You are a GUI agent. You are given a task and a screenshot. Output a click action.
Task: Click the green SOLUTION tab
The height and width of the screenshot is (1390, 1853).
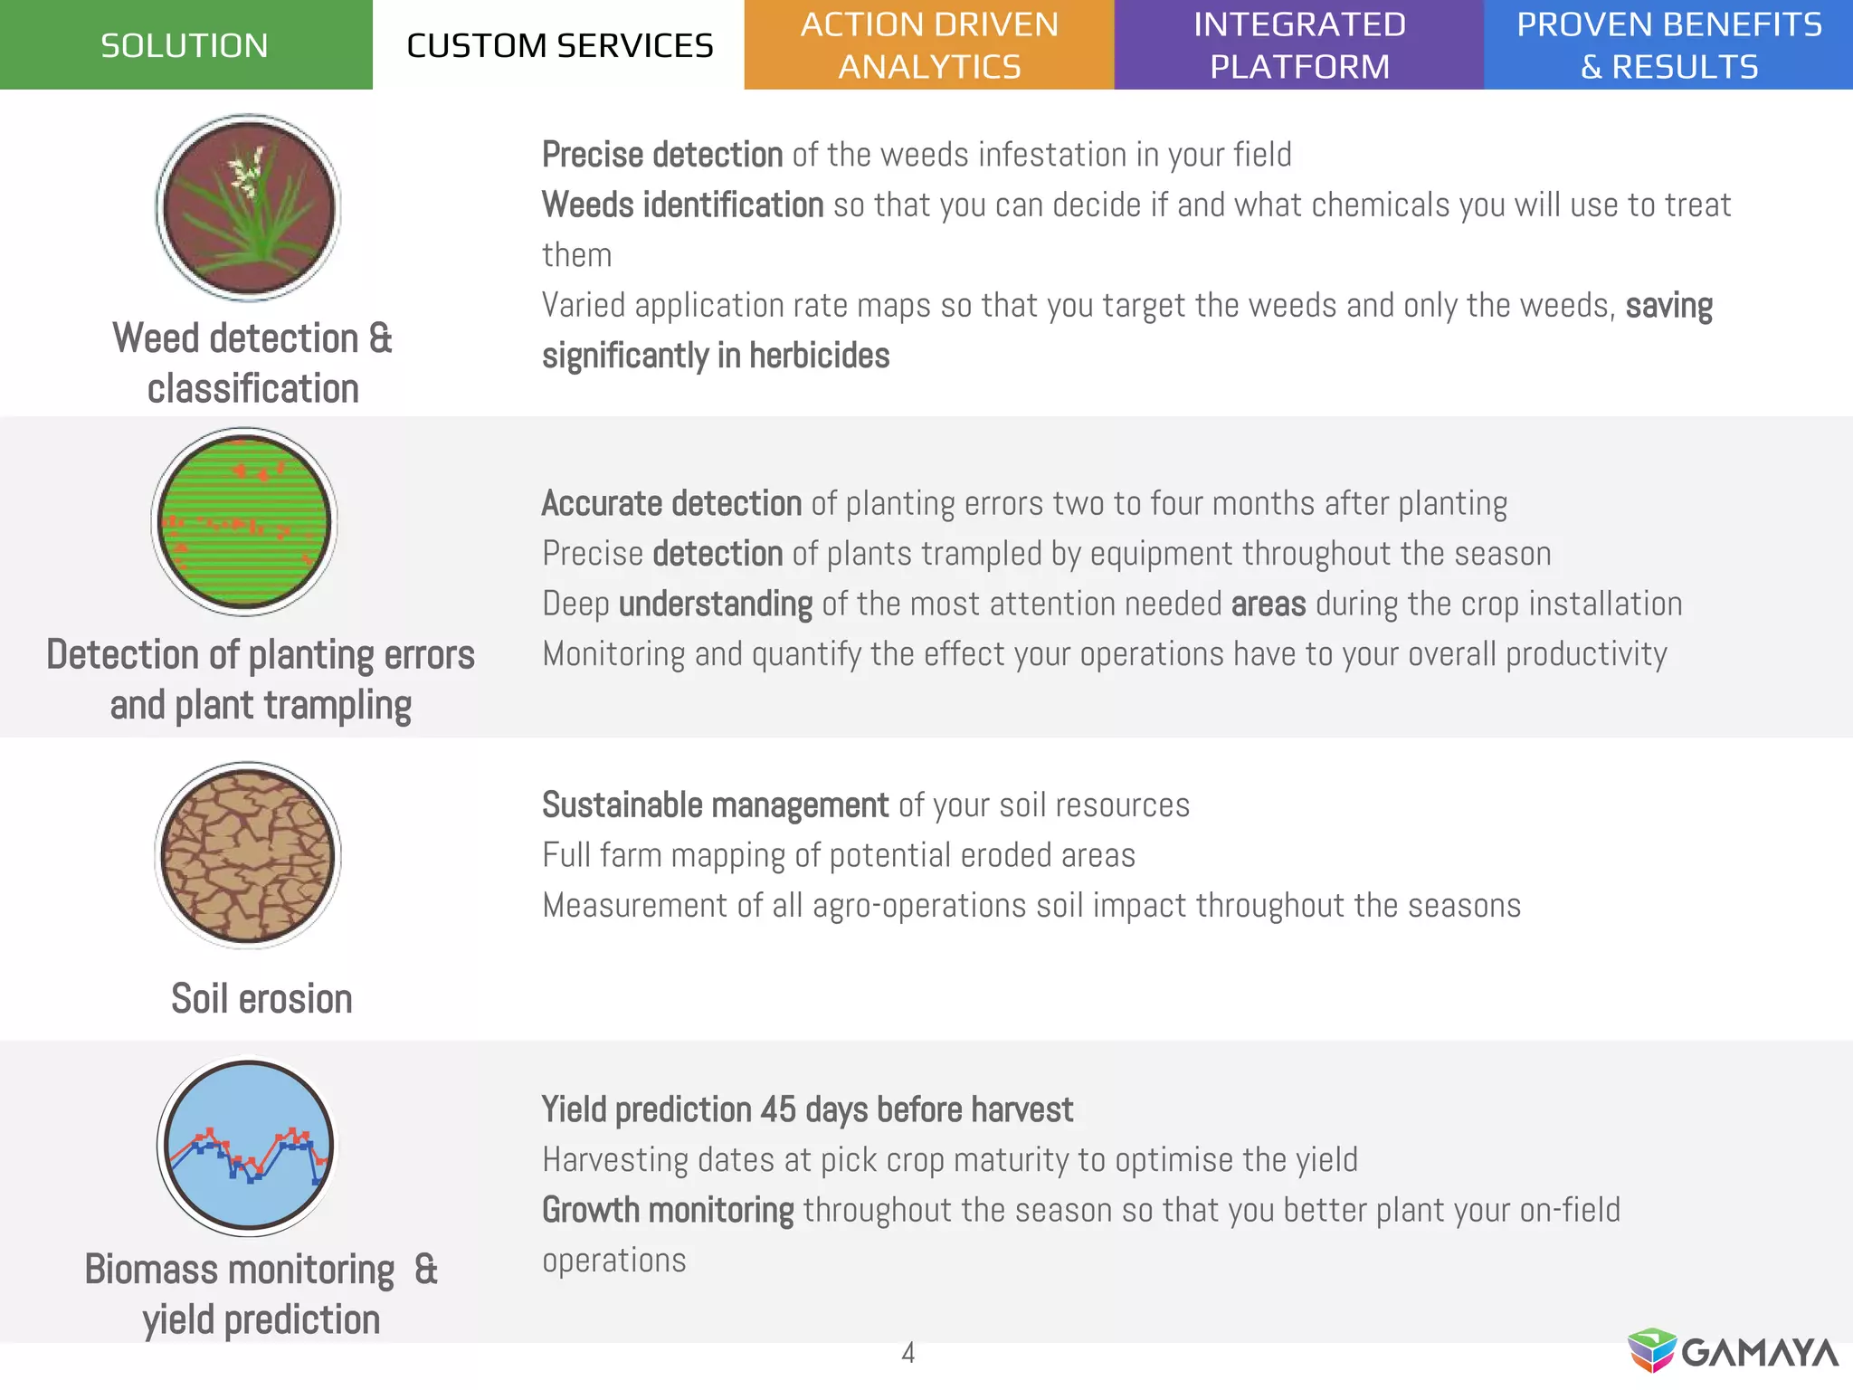pos(185,44)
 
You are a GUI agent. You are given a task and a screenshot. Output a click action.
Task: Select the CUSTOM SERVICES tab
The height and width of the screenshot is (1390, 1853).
pos(559,44)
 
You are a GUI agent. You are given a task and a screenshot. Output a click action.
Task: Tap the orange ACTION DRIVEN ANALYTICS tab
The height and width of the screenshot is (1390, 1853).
pos(929,44)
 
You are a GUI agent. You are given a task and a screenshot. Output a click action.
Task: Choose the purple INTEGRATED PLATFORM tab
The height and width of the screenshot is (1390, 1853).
pos(1299,44)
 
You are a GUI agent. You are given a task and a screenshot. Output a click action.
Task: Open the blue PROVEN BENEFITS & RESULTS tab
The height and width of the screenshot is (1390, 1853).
pos(1668,44)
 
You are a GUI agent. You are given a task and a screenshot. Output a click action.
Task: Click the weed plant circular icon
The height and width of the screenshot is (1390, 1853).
pos(248,207)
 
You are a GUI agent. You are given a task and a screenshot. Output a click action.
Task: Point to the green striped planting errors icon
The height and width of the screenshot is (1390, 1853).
pos(244,522)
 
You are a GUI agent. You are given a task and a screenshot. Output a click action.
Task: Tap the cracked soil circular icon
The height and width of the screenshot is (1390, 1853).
pos(248,855)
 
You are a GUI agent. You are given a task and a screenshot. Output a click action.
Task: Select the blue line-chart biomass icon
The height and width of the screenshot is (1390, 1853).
pos(247,1146)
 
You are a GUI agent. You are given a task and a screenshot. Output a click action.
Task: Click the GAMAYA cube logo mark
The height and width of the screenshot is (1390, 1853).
pos(1652,1351)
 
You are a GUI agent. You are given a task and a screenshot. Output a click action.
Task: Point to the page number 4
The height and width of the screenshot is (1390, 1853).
pos(908,1353)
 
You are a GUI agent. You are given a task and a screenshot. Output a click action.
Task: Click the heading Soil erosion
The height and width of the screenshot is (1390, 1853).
pos(261,999)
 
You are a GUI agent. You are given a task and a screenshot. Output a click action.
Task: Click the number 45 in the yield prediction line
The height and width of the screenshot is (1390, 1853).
pos(778,1109)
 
